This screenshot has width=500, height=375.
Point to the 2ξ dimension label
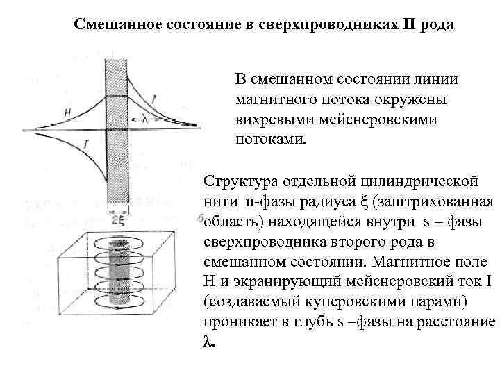pos(119,221)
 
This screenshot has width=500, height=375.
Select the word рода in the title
pos(437,26)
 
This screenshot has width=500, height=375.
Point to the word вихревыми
pos(276,119)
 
